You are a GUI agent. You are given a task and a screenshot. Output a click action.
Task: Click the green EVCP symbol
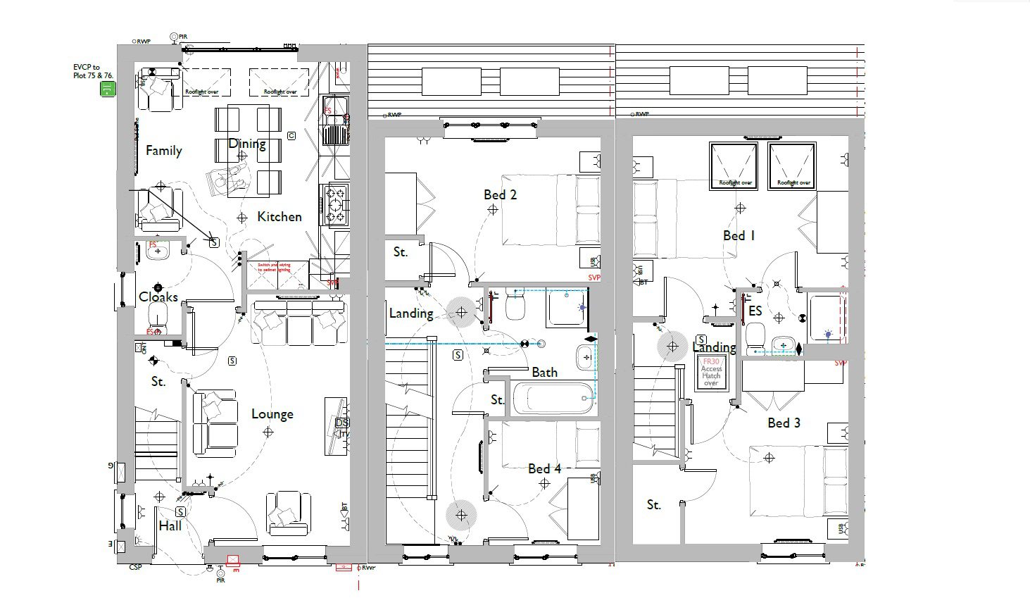pos(107,89)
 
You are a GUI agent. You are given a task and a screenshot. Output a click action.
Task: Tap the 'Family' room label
pos(163,150)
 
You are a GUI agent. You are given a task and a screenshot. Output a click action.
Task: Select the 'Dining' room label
pos(247,144)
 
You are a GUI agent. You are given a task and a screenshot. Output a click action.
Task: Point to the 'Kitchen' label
pos(279,216)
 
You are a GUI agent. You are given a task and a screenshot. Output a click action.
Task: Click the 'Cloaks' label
pos(158,297)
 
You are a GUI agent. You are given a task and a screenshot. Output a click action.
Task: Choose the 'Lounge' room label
pos(272,414)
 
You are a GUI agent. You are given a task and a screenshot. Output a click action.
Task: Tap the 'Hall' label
pos(170,525)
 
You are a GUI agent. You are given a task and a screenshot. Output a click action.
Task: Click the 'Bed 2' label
pos(500,194)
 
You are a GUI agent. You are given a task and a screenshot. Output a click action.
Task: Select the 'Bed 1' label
pos(739,235)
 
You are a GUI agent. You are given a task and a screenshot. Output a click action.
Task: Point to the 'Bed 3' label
pos(784,423)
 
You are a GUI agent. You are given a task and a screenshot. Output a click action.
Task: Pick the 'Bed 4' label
pos(544,468)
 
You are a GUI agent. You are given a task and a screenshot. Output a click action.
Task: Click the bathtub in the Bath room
pos(553,399)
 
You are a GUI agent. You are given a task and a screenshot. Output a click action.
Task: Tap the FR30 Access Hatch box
pos(711,372)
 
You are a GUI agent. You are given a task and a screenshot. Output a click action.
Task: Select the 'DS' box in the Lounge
pos(342,423)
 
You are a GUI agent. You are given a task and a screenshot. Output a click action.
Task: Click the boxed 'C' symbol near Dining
pos(291,135)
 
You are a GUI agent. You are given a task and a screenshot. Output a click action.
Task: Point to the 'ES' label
pos(755,311)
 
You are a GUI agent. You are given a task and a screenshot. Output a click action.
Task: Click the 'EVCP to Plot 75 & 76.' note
pos(93,71)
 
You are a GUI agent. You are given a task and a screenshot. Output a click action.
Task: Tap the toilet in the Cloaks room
pos(158,315)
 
